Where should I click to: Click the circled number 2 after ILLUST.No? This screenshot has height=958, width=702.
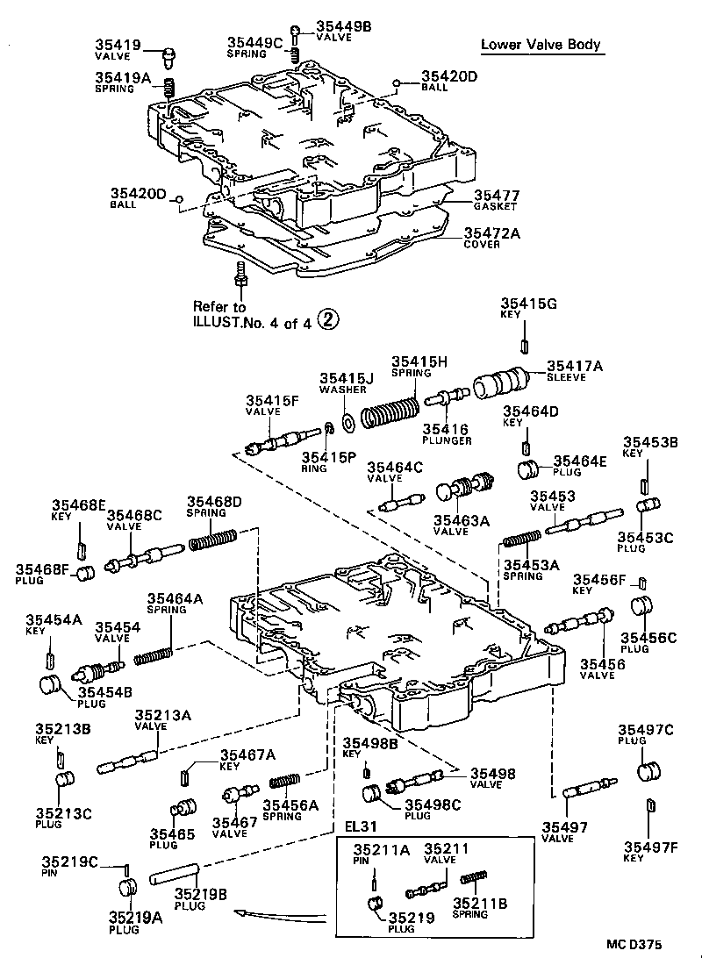click(326, 320)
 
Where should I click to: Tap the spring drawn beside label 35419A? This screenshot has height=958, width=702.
click(173, 89)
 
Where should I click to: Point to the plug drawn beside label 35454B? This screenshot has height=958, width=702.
click(54, 685)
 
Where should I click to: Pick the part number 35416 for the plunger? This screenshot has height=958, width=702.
click(446, 428)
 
